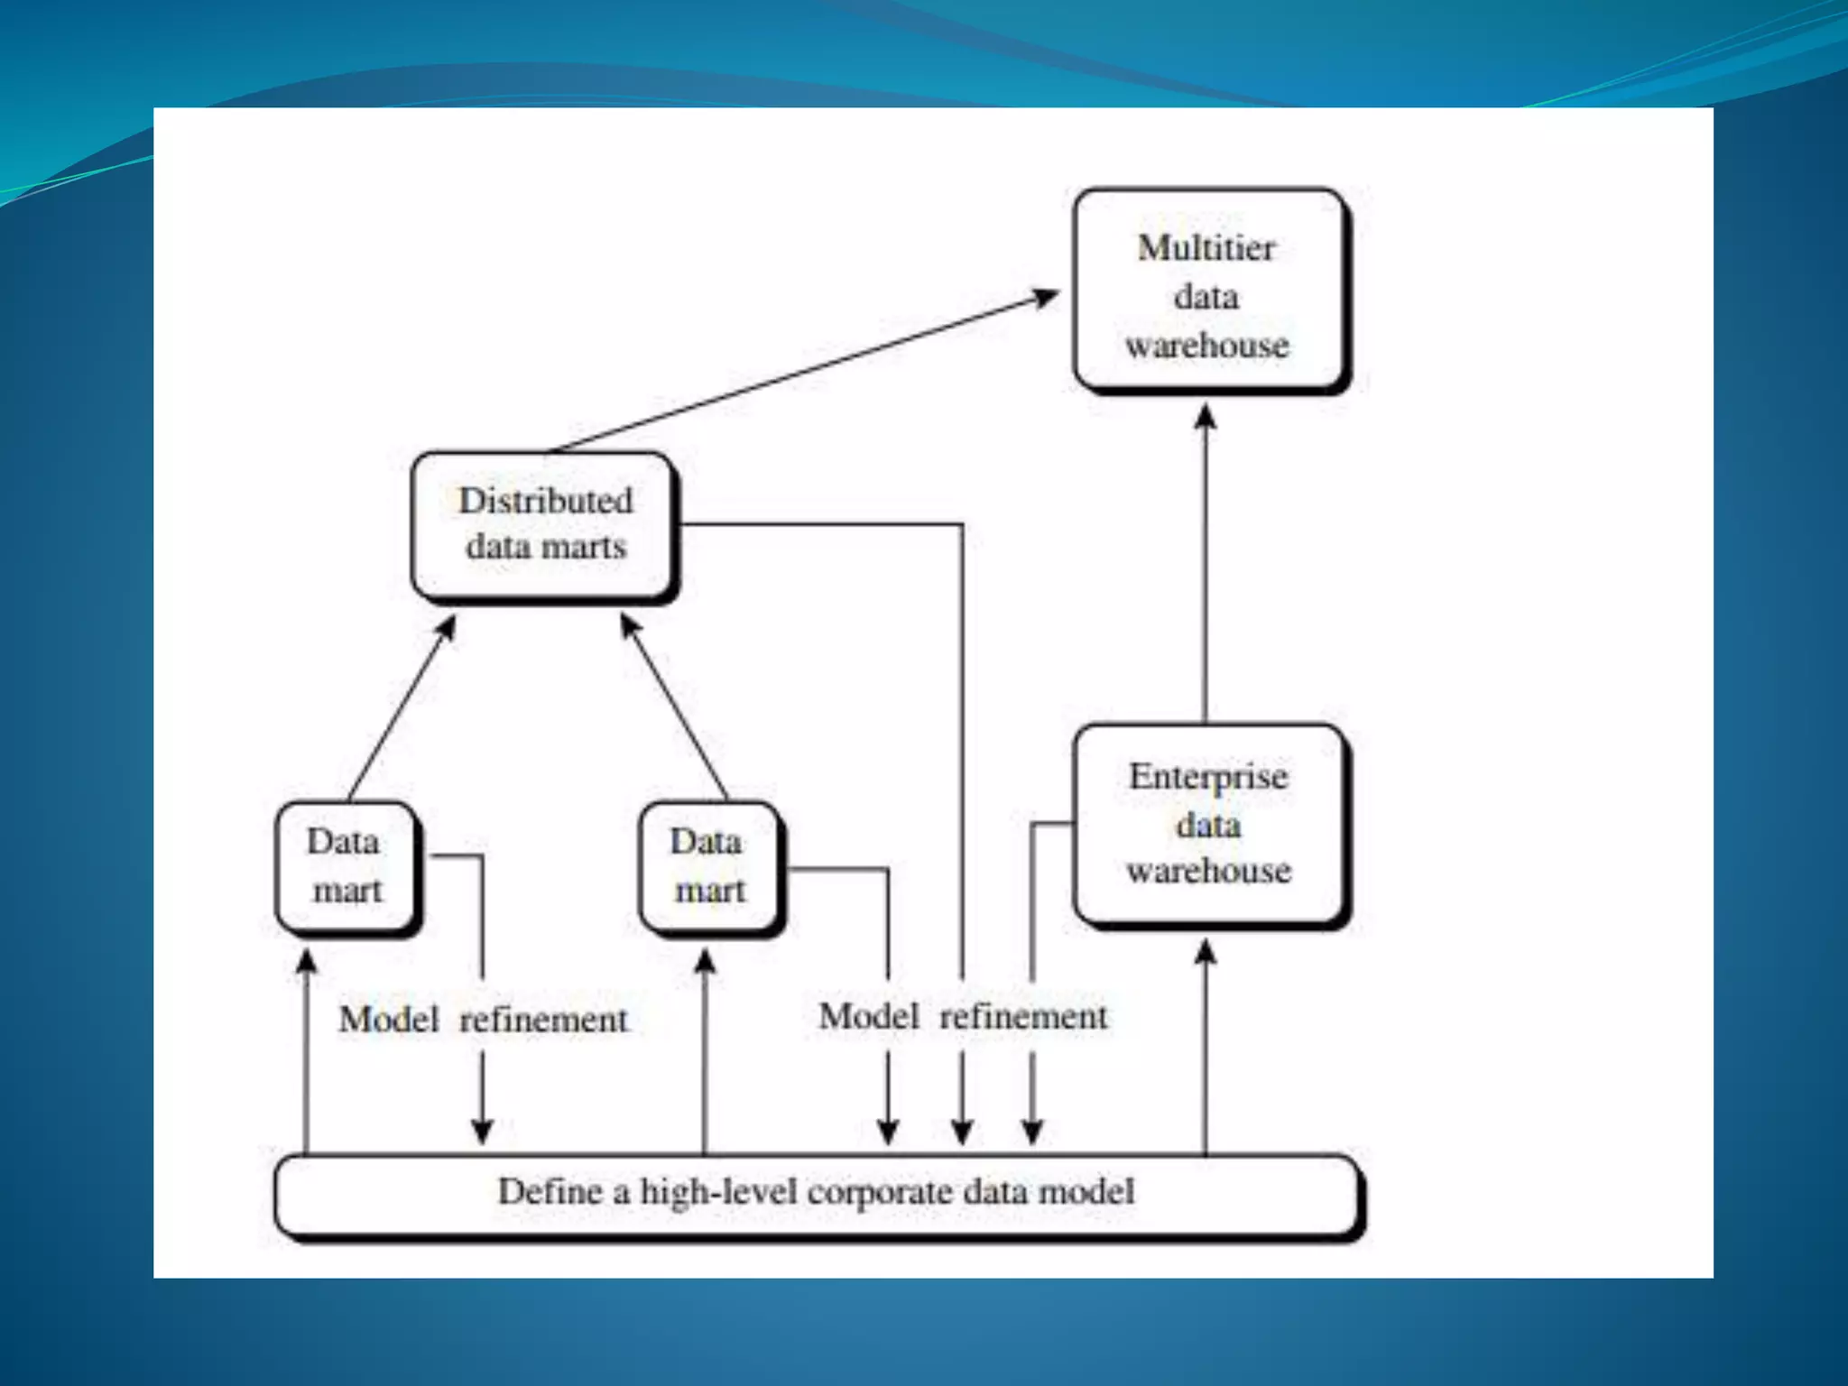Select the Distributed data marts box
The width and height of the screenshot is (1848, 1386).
coord(543,525)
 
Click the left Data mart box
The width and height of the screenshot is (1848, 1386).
coord(346,866)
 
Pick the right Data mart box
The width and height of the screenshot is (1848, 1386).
coord(709,866)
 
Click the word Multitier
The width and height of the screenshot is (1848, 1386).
coord(1206,248)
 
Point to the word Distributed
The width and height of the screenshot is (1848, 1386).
coord(545,501)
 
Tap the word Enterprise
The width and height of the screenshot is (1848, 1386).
coord(1208,777)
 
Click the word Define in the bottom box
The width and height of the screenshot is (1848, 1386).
coord(550,1192)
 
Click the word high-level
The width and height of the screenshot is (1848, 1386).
coord(717,1192)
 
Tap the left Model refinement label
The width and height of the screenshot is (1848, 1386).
coord(483,1020)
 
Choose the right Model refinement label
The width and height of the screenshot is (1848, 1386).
coord(962,1017)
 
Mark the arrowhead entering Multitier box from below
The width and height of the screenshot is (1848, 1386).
coord(1206,417)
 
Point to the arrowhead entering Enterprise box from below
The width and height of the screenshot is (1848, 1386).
coord(1206,951)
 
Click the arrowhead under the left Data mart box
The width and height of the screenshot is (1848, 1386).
coord(307,960)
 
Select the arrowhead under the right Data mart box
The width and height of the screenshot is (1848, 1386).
coord(706,960)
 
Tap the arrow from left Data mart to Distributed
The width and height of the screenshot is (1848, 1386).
coord(402,708)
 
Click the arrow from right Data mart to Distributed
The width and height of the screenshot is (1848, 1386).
coord(674,708)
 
